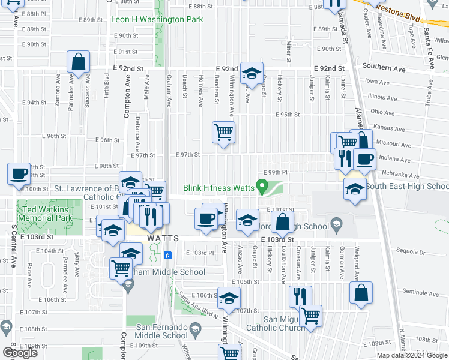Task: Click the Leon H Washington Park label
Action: [x=157, y=20]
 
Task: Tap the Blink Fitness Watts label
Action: [x=218, y=188]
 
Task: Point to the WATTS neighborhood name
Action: [x=163, y=238]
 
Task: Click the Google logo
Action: [x=20, y=352]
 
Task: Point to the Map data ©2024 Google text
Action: [x=412, y=355]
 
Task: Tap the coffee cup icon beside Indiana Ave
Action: [x=364, y=160]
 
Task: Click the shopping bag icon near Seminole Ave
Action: [x=362, y=295]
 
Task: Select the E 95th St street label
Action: [x=288, y=115]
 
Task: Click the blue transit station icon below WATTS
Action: [x=168, y=255]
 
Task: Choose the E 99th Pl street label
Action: [x=276, y=172]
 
